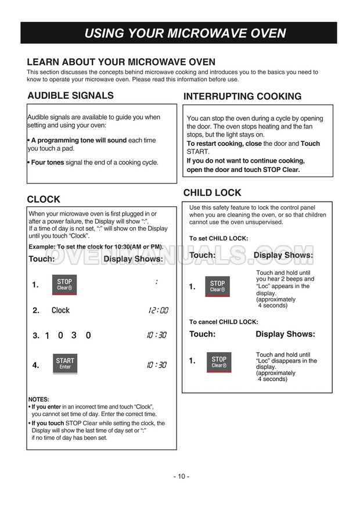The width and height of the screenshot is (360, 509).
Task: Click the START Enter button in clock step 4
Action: pos(65,364)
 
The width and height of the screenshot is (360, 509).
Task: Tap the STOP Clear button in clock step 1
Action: pos(64,285)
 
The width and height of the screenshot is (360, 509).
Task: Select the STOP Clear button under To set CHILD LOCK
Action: pos(218,286)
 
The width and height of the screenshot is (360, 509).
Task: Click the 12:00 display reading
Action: pos(158,310)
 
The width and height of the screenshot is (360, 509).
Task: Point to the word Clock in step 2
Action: pos(60,310)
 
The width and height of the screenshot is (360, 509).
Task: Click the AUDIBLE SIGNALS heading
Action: pos(70,95)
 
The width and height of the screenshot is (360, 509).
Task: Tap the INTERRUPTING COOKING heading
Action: pos(242,96)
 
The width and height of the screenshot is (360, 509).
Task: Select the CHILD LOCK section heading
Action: pos(212,193)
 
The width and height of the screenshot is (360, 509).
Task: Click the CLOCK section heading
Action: pos(44,199)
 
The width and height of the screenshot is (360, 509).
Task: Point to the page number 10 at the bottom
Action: pos(181,476)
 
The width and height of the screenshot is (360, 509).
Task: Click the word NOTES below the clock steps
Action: pos(39,399)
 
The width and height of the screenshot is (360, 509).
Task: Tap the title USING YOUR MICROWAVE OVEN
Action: pos(185,33)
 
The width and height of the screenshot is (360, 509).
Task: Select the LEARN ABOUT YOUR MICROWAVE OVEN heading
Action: pos(121,62)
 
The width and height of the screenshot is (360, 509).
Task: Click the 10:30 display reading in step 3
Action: pos(158,335)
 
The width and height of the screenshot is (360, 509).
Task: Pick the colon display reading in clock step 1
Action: pos(157,282)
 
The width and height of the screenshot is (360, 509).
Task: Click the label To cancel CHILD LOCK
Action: pos(224,322)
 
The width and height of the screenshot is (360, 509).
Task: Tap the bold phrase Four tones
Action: pos(48,163)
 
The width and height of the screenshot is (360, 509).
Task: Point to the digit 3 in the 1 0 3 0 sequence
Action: pos(74,335)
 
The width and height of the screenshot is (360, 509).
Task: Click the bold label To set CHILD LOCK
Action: pos(218,238)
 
